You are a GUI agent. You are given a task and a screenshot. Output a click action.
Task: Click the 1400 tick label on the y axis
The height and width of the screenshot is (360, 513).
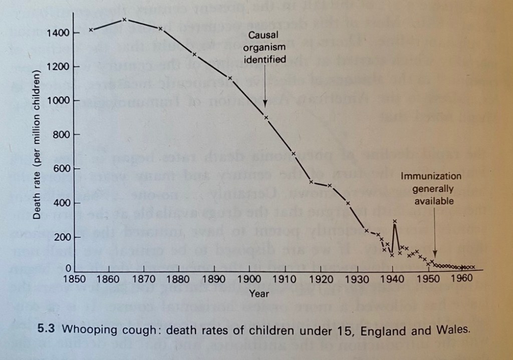(57, 34)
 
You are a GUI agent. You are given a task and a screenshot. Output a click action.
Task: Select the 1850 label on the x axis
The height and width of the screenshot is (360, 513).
(74, 279)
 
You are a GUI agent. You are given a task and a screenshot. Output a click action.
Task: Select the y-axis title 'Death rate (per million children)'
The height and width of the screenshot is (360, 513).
(37, 146)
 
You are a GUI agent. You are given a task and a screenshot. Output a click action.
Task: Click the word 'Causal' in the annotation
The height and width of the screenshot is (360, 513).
(264, 36)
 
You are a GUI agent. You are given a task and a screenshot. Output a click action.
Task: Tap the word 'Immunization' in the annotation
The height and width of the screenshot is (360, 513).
(431, 176)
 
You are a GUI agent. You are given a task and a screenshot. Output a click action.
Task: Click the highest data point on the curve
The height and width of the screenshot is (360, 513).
(125, 20)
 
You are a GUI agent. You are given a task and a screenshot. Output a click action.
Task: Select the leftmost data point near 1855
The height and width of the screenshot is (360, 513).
(91, 30)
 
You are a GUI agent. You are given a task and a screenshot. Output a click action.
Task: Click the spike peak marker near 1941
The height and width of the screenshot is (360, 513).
(395, 221)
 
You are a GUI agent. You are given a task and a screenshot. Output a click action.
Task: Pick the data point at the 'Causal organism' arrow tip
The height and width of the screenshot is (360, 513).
(266, 117)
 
